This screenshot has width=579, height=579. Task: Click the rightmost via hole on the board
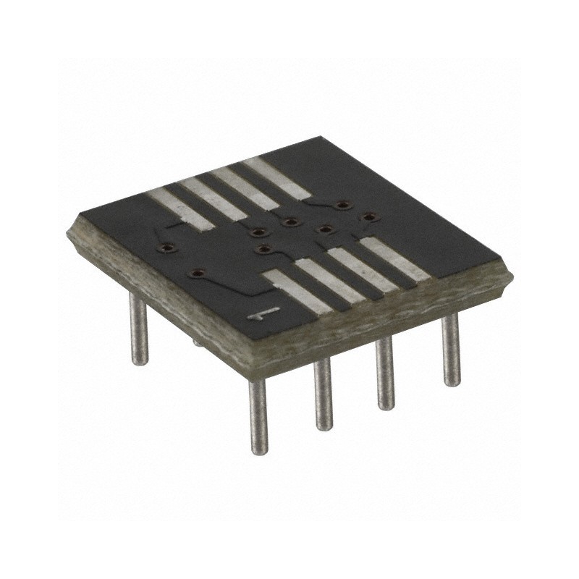pyautogui.click(x=369, y=216)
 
